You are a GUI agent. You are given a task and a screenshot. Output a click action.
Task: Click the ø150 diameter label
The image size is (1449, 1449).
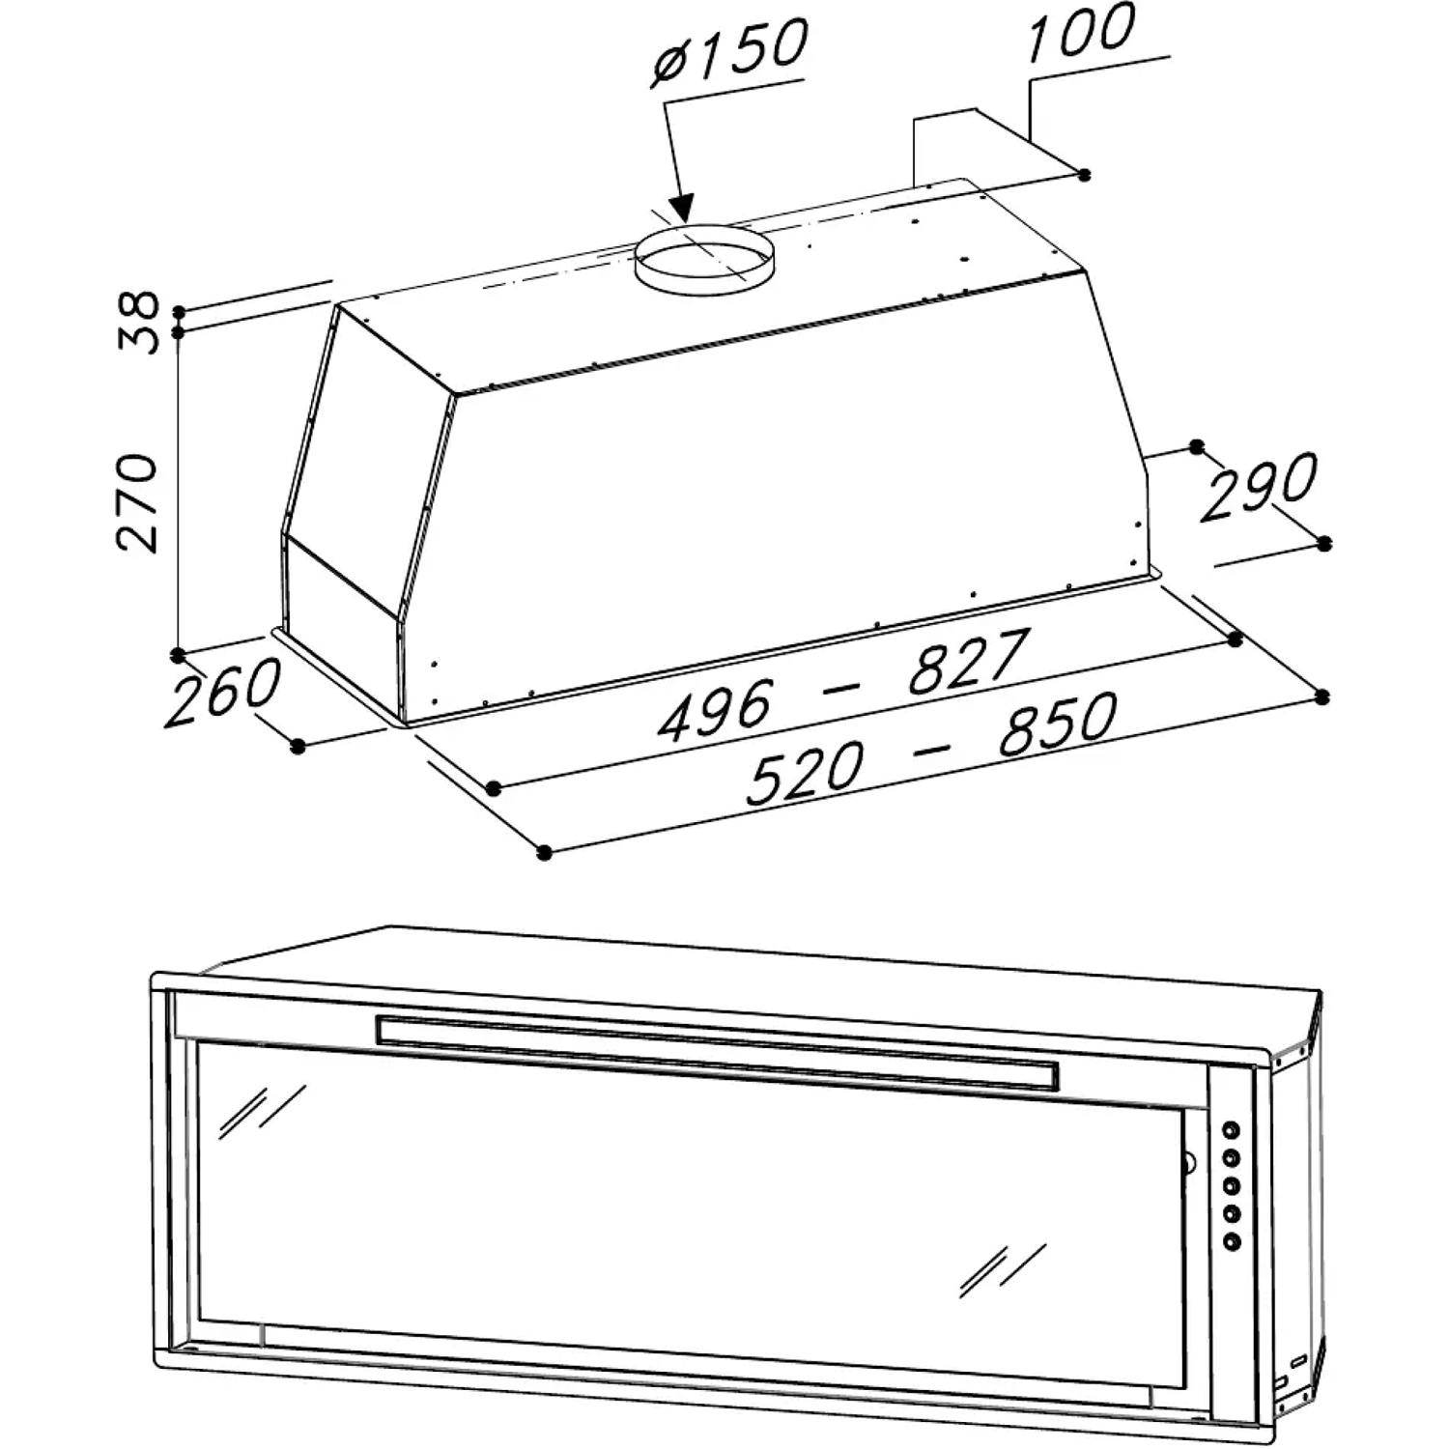tap(730, 53)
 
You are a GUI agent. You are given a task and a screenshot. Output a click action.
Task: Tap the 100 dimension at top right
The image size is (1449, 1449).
tap(1082, 31)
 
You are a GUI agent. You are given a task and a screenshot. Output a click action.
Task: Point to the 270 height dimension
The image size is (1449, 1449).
tap(136, 502)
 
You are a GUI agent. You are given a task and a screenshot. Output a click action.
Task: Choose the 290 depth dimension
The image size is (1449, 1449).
tap(1259, 486)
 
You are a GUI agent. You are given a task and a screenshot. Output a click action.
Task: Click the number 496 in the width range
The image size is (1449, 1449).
tap(715, 709)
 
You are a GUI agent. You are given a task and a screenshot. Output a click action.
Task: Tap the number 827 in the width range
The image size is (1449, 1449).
tap(964, 662)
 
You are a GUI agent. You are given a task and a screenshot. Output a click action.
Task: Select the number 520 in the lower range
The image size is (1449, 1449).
tap(805, 773)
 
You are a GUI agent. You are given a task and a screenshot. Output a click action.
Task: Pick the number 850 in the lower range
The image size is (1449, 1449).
tap(1058, 724)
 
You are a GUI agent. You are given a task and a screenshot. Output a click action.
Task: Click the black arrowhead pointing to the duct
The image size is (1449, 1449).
tap(682, 207)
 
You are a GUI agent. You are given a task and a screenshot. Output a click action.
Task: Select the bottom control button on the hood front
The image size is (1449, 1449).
tap(1232, 1240)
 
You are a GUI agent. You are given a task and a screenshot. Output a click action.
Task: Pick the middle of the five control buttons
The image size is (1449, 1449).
tap(1232, 1184)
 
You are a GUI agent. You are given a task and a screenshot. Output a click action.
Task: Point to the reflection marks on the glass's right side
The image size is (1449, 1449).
tap(1003, 1269)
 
